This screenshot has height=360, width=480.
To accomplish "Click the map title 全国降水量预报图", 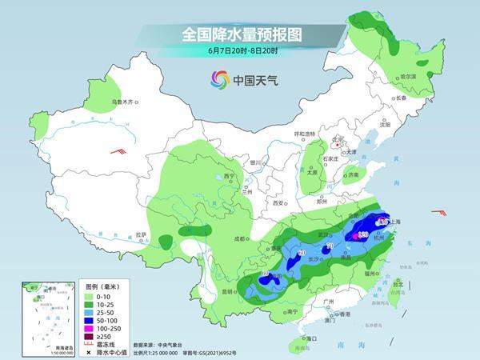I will tap(240, 35).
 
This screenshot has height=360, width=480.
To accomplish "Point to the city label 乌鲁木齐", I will tap(126, 102).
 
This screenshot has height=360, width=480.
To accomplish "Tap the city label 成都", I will tap(242, 238).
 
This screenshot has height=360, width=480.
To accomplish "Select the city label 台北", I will tap(398, 282).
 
